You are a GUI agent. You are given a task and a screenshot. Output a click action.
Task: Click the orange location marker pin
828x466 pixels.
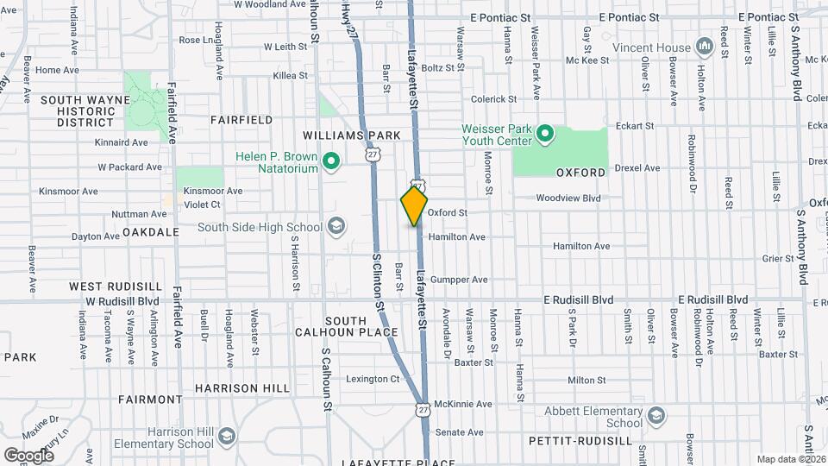[x=415, y=205]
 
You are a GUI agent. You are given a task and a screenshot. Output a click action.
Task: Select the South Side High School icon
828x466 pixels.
[x=336, y=228]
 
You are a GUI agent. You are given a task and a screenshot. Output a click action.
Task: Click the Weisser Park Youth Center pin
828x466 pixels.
[x=545, y=134]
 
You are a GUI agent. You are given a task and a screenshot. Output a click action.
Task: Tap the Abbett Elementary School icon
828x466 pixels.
[x=655, y=417]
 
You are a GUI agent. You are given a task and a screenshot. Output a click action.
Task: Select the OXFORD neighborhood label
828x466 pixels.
[x=580, y=173]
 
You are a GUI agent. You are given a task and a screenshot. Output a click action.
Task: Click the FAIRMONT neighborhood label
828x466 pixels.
[x=150, y=400]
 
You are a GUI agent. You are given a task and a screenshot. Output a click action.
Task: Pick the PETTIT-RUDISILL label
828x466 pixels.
[x=580, y=440]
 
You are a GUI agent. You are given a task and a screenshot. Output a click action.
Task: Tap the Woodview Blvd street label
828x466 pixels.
[x=568, y=198]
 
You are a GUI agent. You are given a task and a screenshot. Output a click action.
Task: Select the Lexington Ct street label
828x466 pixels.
[x=373, y=379]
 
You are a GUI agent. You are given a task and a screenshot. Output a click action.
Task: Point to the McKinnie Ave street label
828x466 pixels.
[x=463, y=404]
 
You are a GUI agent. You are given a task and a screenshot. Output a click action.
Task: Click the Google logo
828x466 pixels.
[x=28, y=455]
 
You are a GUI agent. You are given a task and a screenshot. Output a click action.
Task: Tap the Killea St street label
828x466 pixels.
[x=290, y=76]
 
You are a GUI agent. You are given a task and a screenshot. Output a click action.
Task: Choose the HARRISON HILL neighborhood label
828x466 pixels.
[x=242, y=388]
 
